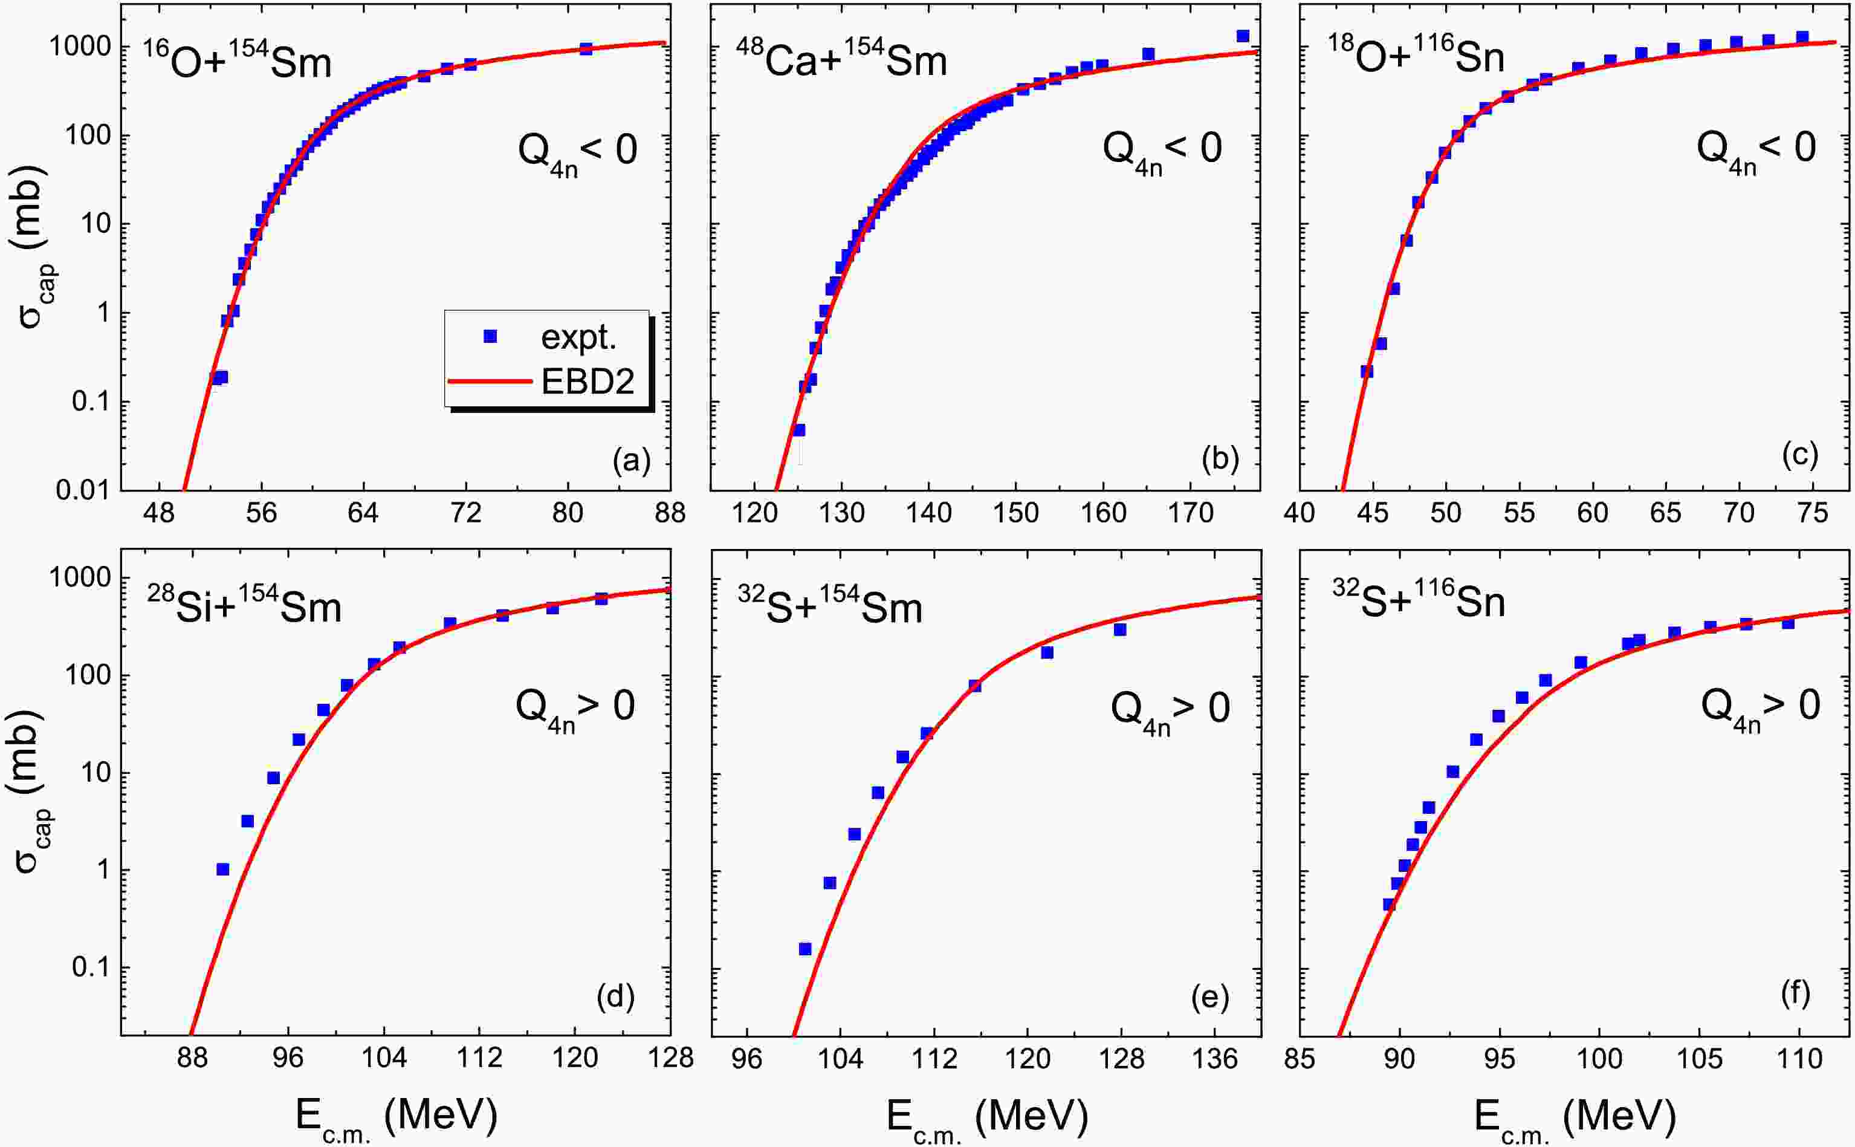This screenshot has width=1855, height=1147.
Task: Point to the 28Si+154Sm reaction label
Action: pos(244,606)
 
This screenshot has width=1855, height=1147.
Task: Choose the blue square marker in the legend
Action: pos(490,337)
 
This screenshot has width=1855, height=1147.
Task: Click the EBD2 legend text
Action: pos(588,382)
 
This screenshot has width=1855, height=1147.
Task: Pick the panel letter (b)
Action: pos(1220,460)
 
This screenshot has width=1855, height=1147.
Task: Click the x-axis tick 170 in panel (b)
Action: pos(1191,513)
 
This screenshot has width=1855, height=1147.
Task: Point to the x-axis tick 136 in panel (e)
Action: pos(1215,1058)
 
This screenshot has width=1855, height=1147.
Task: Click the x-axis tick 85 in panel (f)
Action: pos(1300,1058)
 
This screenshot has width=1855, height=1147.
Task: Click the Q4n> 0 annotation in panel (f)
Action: pos(1760,707)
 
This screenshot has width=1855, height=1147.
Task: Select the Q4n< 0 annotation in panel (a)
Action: pos(577,149)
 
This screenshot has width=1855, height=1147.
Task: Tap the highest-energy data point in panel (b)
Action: pos(1243,36)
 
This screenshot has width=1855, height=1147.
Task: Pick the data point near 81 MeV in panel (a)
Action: pos(586,48)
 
